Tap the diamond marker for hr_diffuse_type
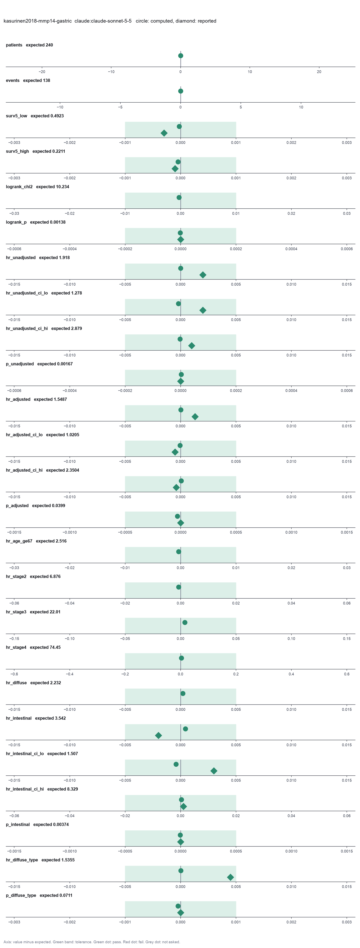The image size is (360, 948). point(230,877)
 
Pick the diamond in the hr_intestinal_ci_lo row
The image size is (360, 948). point(214,771)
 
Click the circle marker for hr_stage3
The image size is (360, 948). point(185,623)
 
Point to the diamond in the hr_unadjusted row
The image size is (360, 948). point(203,275)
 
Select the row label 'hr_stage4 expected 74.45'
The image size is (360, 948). point(33,647)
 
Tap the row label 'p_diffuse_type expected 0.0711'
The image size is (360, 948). point(39,895)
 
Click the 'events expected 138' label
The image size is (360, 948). point(28,81)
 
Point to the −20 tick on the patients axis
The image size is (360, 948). point(42,72)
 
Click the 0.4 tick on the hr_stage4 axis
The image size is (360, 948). point(291,674)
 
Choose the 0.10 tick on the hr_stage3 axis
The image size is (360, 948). point(291,639)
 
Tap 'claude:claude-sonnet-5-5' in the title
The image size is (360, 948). point(103,21)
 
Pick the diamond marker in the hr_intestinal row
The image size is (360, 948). point(158,736)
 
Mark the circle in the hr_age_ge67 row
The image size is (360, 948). point(178,552)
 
